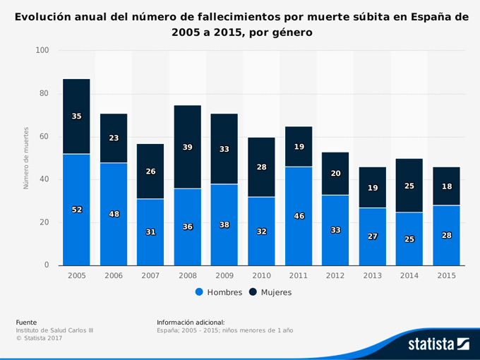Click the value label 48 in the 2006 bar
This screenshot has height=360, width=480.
click(x=114, y=214)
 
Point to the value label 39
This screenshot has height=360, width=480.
click(x=187, y=147)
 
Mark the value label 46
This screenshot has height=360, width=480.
click(x=299, y=216)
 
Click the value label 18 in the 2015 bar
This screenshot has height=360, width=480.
click(x=446, y=186)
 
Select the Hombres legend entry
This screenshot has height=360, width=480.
click(x=218, y=292)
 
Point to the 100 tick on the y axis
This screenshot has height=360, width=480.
click(x=42, y=51)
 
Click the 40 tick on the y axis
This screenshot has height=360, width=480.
click(x=44, y=179)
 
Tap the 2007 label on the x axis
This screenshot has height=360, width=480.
click(x=150, y=275)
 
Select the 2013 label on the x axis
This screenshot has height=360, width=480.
click(x=372, y=275)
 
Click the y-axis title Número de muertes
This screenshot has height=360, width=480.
click(x=26, y=158)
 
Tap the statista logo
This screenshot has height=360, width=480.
click(x=438, y=344)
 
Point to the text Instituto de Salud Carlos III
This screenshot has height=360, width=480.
click(x=54, y=330)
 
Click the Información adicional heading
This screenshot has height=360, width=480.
click(x=191, y=322)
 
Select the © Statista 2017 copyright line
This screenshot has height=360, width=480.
click(x=39, y=339)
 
